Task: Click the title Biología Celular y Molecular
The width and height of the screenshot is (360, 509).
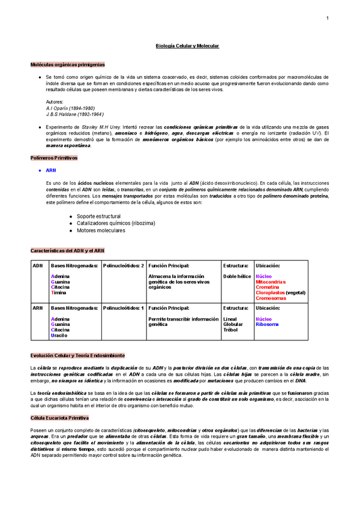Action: pos(187,46)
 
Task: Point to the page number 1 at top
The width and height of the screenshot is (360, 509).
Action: pos(327,18)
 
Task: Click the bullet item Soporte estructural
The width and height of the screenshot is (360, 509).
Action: pos(98,216)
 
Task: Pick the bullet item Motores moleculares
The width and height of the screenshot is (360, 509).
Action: pos(101,230)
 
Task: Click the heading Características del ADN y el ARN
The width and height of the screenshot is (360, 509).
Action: pos(68,250)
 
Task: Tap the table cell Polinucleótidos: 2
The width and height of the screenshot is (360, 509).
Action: pos(124,265)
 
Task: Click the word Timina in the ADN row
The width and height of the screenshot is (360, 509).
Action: pos(59,292)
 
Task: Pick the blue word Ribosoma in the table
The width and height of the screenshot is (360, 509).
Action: pos(267,324)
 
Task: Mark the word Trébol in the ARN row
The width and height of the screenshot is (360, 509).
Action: pos(230,330)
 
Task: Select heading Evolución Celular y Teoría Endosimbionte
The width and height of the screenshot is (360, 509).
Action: pos(77,356)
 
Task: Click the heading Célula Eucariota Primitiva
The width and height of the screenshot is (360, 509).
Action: pos(59,417)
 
